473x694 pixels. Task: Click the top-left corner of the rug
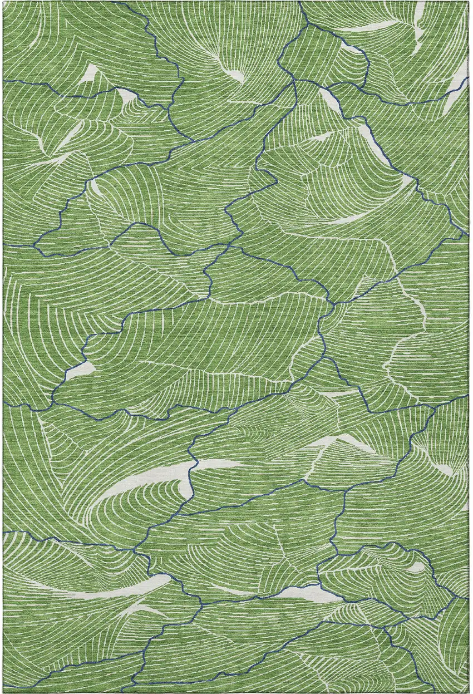click(x=3, y=2)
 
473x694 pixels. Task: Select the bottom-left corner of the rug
click(x=3, y=692)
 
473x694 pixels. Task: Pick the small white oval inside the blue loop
click(x=416, y=567)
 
